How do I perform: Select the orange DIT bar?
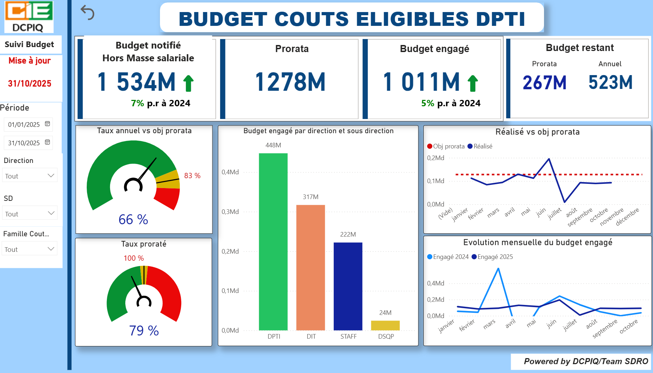310,267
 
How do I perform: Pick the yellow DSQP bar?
385,326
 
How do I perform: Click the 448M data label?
273,145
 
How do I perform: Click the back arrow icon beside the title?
87,13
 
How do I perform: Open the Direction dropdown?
30,176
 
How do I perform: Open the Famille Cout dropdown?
30,249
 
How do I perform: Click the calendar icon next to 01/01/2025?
47,124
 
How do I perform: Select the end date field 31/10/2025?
24,143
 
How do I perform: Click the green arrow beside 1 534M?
188,83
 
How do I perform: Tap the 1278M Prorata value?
290,82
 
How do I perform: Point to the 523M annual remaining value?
610,82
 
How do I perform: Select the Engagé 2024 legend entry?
448,257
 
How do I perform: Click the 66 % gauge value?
133,220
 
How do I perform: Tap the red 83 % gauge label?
192,176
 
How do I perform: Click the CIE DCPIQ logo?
29,17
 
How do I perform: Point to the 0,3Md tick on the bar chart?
230,212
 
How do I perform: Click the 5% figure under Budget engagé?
428,103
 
